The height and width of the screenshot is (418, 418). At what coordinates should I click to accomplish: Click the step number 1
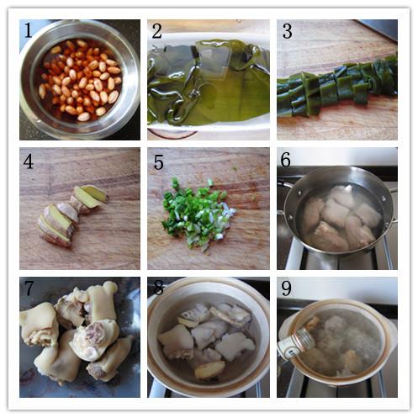28,30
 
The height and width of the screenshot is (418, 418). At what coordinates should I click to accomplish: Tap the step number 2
157,31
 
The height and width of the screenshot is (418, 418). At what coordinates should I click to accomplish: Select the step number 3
288,31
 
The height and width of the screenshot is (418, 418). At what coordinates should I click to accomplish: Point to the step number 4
29,161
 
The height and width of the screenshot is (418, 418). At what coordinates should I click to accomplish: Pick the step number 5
158,162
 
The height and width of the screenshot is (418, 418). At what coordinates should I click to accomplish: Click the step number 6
286,160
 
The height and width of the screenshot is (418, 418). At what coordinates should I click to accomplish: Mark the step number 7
29,288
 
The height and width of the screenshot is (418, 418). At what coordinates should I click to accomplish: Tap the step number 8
158,288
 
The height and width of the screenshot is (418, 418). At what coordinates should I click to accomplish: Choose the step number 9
286,288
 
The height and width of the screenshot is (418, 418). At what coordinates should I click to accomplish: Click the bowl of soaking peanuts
80,80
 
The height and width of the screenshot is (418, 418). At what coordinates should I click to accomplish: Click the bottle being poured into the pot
297,343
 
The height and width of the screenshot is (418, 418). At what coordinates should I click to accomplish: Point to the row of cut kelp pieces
337,87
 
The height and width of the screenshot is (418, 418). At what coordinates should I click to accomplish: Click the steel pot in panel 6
336,209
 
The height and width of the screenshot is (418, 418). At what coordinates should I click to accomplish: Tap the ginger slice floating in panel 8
209,370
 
